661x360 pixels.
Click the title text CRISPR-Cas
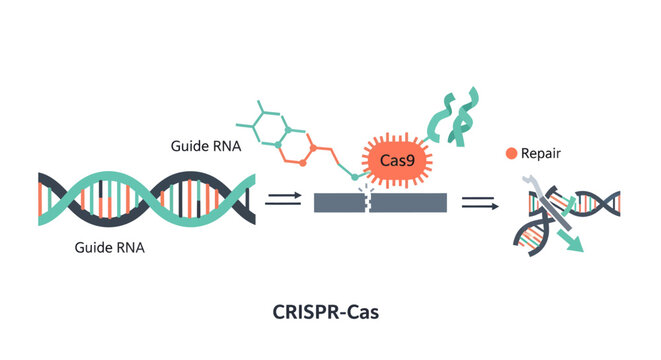pyautogui.click(x=325, y=312)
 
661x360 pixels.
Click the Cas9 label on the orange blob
pyautogui.click(x=398, y=160)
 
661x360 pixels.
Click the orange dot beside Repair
pyautogui.click(x=511, y=154)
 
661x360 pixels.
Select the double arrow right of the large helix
pyautogui.click(x=283, y=201)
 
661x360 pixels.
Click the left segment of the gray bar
pyautogui.click(x=341, y=202)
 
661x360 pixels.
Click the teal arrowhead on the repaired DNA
pyautogui.click(x=574, y=245)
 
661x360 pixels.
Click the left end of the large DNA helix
pyautogui.click(x=42, y=201)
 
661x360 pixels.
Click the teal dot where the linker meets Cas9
pyautogui.click(x=355, y=177)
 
